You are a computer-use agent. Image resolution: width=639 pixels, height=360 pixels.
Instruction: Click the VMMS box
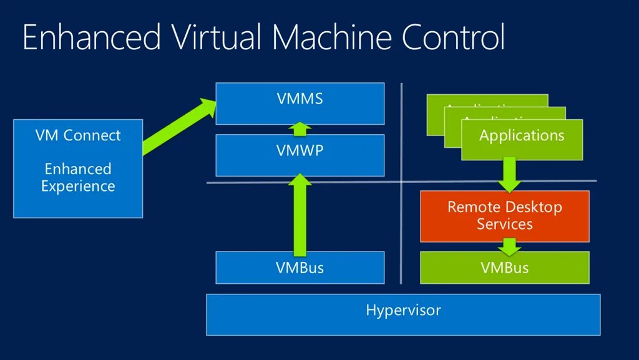(x=300, y=104)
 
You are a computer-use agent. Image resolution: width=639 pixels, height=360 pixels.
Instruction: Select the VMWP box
(x=300, y=155)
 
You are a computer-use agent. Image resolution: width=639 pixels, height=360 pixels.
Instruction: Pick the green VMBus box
(x=504, y=268)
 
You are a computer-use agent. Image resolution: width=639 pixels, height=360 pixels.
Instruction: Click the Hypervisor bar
(x=403, y=314)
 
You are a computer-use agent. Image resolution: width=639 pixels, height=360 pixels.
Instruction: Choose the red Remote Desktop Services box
(x=504, y=216)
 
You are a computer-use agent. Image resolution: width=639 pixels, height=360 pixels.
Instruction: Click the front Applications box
(x=522, y=139)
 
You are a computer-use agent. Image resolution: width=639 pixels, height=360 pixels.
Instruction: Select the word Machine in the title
(x=332, y=37)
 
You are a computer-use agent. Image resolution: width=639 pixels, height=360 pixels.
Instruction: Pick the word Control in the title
(x=453, y=37)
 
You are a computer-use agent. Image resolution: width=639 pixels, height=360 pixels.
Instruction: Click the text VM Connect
(x=78, y=135)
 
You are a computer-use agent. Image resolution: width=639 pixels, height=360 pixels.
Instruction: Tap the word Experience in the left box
(x=78, y=186)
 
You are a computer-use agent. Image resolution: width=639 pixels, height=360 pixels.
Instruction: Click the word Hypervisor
(x=403, y=310)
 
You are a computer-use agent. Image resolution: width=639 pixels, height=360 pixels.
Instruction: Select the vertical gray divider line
(x=402, y=137)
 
